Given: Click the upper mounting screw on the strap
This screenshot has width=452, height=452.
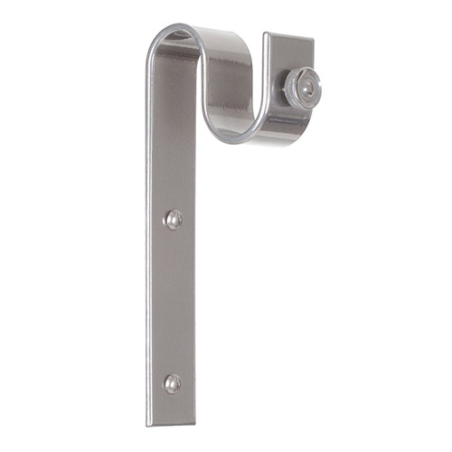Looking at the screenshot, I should (173, 220).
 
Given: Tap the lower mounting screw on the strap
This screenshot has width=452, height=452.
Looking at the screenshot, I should (172, 383).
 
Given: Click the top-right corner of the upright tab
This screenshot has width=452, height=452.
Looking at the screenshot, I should (313, 38).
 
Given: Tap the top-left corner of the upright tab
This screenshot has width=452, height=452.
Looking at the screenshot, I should (267, 34).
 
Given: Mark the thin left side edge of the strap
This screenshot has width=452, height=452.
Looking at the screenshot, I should (149, 271).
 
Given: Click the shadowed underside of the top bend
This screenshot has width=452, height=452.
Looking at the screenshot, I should (176, 50).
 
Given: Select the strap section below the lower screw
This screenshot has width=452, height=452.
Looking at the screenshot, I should (172, 407).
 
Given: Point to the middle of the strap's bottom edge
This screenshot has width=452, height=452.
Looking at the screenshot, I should (171, 425).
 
